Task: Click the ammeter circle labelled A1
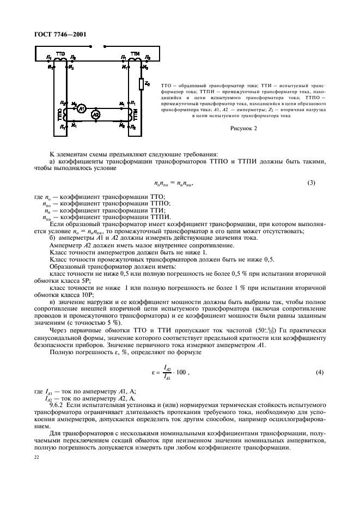click(x=81, y=108)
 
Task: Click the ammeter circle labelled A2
click(x=95, y=115)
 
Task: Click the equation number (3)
click(x=311, y=182)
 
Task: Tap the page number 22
click(x=37, y=459)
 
